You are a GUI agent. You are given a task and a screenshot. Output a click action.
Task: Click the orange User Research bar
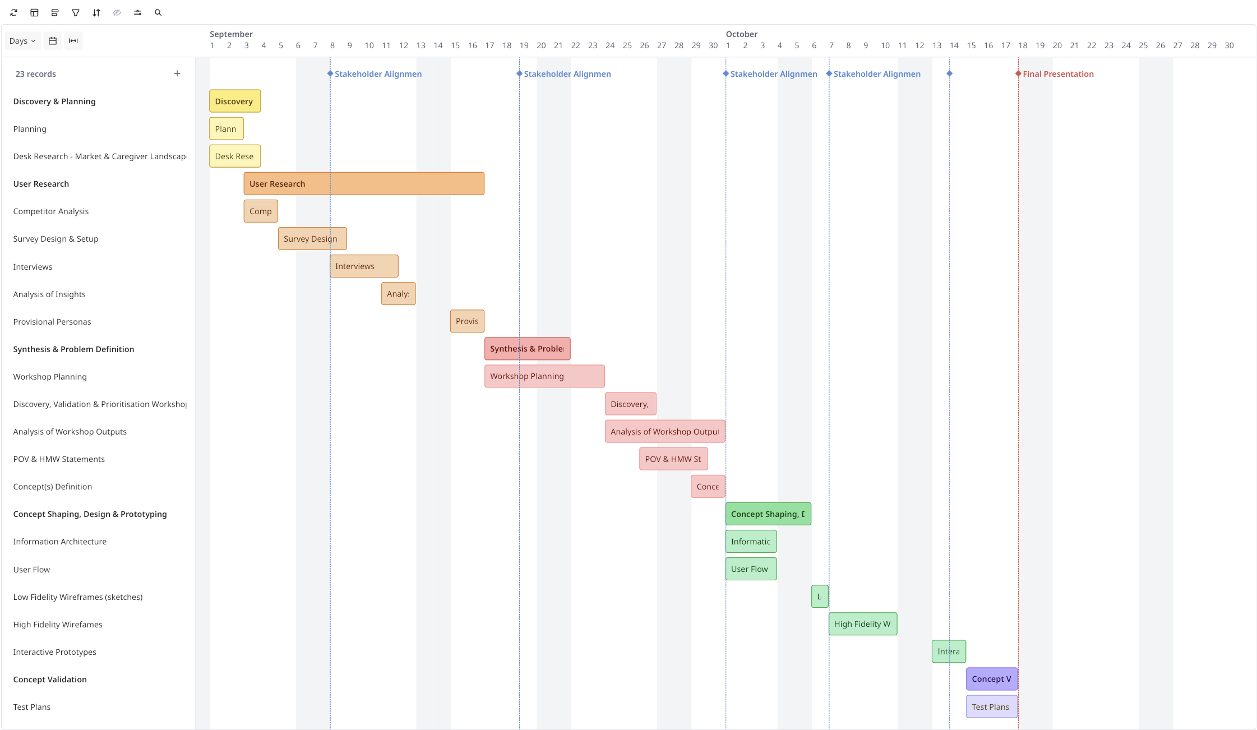(x=363, y=184)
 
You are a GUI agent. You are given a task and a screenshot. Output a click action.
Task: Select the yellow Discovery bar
(x=234, y=101)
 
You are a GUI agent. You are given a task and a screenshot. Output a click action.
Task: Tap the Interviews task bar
(x=363, y=266)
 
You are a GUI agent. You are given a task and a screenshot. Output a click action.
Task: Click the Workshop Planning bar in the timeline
(x=544, y=376)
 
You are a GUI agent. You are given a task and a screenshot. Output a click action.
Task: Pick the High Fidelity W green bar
(x=862, y=624)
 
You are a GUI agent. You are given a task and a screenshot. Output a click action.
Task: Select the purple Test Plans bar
(x=991, y=707)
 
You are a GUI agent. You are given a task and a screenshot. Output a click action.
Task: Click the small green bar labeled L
(x=819, y=597)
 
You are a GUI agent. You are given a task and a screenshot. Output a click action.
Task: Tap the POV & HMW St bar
(x=673, y=459)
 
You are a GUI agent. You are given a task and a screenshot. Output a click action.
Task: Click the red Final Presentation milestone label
(x=1057, y=74)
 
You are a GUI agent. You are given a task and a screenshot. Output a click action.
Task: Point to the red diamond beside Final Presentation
(x=1018, y=73)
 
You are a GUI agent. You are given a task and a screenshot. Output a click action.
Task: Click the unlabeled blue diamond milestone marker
(x=949, y=73)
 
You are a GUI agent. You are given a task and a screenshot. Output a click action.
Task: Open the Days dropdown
(x=22, y=41)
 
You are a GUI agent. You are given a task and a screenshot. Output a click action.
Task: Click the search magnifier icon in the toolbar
(x=158, y=12)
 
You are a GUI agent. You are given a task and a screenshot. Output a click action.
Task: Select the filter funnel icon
(x=76, y=12)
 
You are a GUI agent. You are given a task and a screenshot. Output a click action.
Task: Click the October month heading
(x=741, y=34)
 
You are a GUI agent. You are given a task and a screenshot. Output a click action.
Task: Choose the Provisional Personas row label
(x=52, y=322)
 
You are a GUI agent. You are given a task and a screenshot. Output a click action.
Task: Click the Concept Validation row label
(x=50, y=680)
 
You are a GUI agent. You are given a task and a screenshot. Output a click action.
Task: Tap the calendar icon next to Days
(x=53, y=41)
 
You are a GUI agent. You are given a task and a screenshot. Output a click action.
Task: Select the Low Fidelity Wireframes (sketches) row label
(x=77, y=597)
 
